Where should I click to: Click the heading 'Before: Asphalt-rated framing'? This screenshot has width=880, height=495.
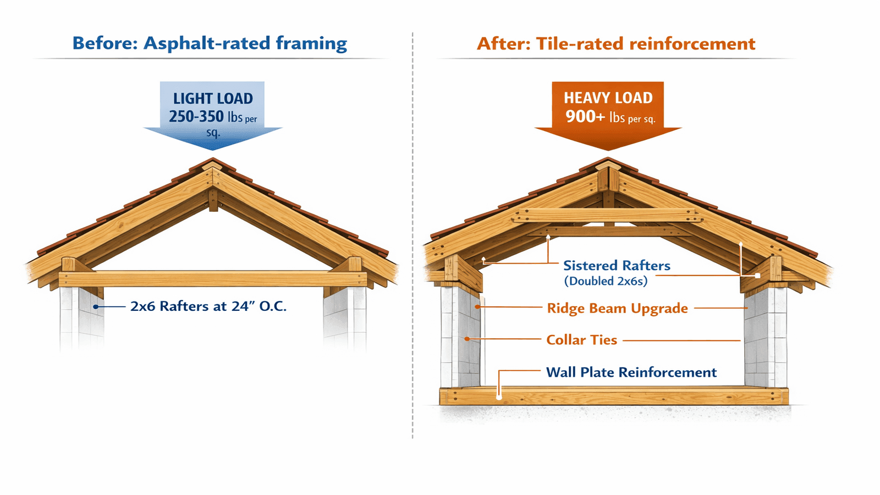(x=210, y=43)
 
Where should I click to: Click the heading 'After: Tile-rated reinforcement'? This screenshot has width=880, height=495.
(x=616, y=44)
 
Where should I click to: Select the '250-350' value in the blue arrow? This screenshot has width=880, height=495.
(x=196, y=117)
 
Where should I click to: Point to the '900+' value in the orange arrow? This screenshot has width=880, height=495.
(x=585, y=117)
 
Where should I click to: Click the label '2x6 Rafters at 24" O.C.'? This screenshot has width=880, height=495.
(x=208, y=306)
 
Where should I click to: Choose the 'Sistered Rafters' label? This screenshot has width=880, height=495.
(x=617, y=266)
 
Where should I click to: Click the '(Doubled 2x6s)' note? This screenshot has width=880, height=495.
(x=606, y=281)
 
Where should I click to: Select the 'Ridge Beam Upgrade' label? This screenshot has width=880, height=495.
(x=617, y=309)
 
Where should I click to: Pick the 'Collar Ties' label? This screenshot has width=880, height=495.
(x=581, y=340)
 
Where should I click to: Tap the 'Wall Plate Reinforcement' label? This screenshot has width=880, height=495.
(x=631, y=372)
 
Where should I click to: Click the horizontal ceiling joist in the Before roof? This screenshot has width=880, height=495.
(x=213, y=278)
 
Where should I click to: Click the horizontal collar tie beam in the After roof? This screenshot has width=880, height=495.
(x=608, y=215)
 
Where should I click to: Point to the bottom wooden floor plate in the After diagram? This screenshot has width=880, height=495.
(x=613, y=395)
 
